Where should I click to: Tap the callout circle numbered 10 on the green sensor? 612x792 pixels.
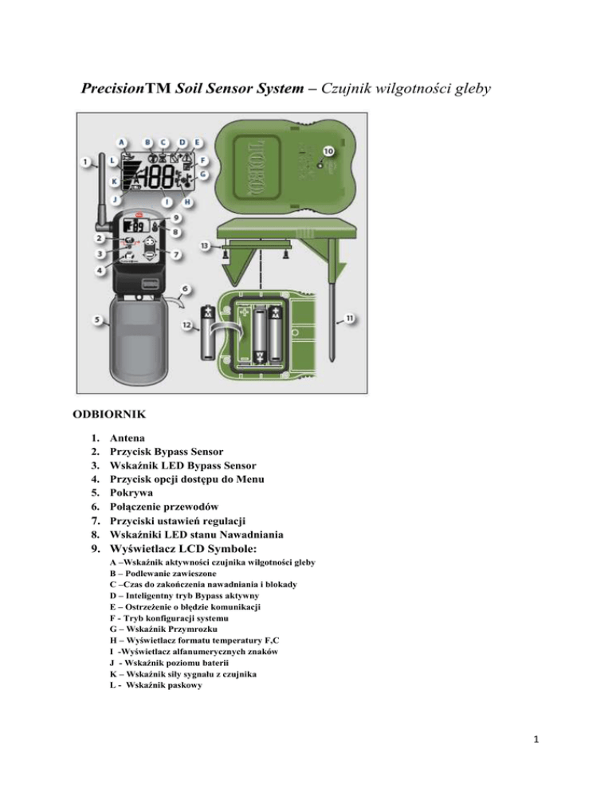(x=328, y=150)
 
